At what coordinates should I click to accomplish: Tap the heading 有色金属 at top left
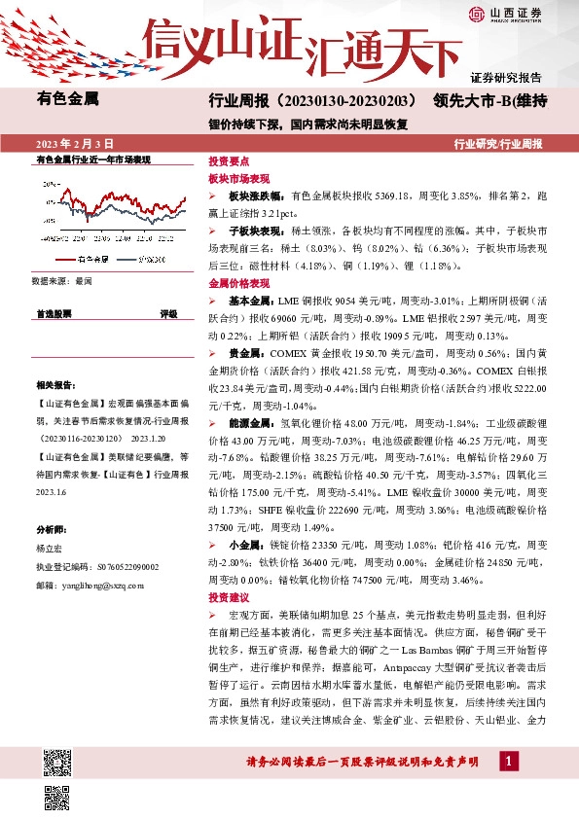[67, 98]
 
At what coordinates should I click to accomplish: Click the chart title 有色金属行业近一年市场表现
[93, 159]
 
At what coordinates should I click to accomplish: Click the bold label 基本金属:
[249, 301]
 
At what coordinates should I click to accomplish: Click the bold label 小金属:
[245, 545]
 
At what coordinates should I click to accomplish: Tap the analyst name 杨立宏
[51, 550]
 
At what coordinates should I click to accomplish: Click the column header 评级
[169, 314]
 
